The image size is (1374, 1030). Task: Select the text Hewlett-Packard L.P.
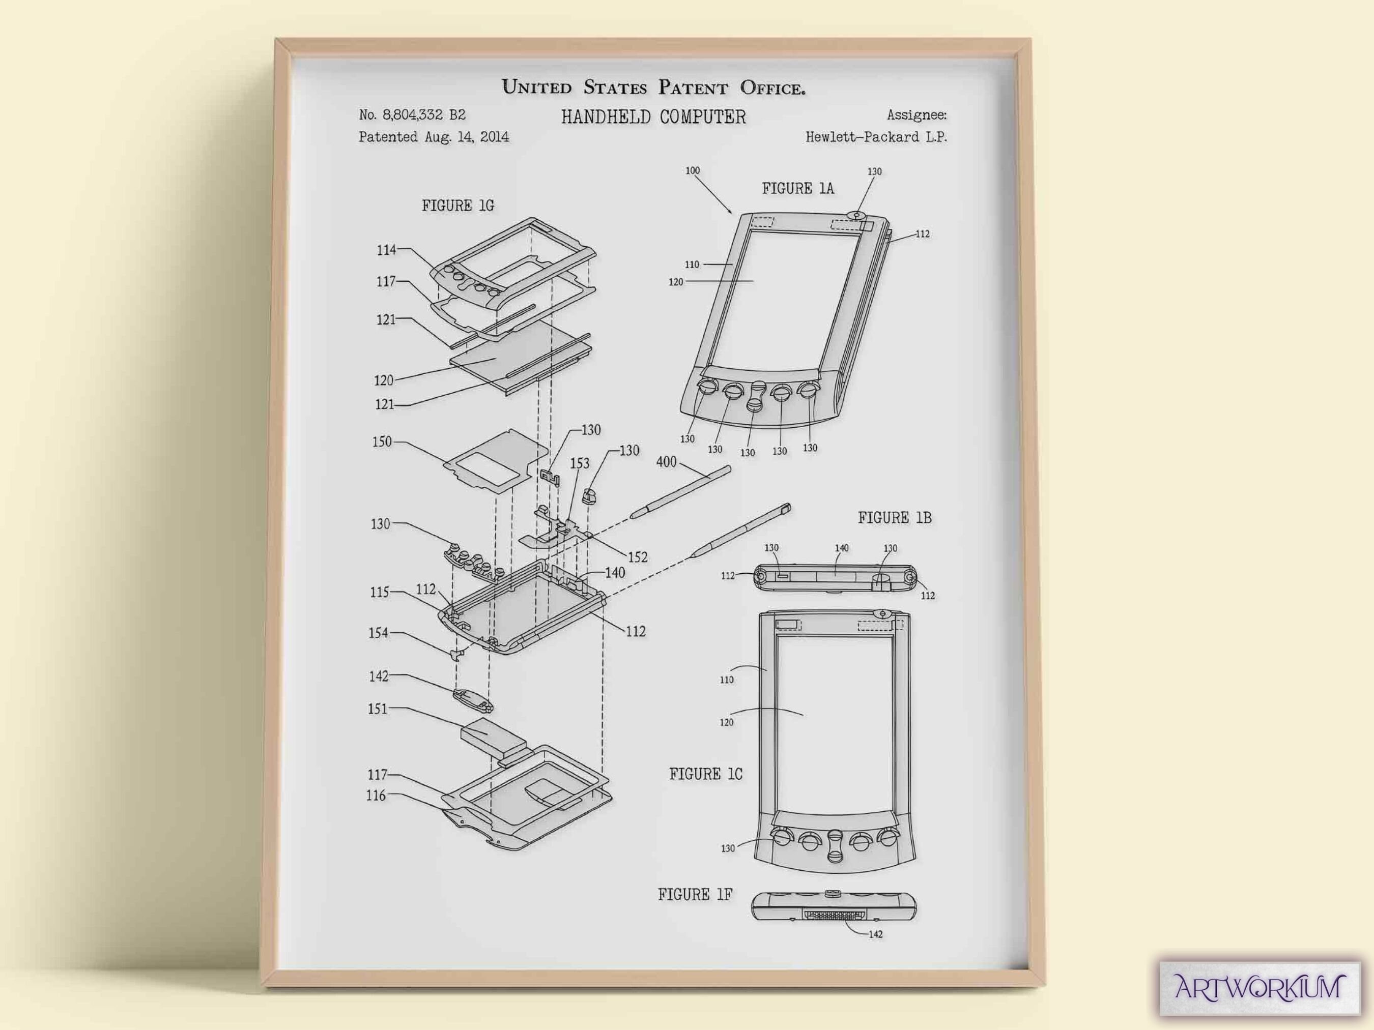coord(876,137)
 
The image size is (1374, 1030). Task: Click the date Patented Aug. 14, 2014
coord(434,137)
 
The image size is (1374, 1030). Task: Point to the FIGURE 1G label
coord(458,205)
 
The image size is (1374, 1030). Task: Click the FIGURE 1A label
coord(797,189)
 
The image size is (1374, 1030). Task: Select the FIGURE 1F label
coord(695,895)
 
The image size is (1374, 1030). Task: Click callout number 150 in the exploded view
coord(382,442)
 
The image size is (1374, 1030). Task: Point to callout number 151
coord(378,709)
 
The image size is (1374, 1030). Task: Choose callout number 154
coord(378,633)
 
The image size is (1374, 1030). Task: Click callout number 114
coord(386,250)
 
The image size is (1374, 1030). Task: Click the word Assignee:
coord(916,115)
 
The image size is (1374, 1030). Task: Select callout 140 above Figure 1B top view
coord(842,548)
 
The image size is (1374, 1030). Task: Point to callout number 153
coord(580,464)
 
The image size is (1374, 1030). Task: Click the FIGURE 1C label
coord(706,774)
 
